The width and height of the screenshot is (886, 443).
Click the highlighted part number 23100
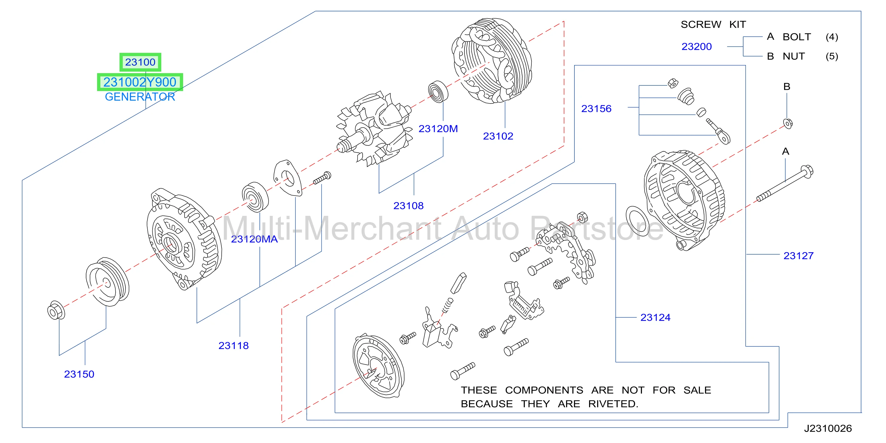click(140, 62)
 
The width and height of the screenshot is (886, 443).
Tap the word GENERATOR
click(140, 97)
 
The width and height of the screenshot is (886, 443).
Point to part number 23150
click(79, 374)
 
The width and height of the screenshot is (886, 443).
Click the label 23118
click(234, 345)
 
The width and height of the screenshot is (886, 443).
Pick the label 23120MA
click(254, 239)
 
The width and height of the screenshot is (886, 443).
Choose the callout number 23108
click(408, 205)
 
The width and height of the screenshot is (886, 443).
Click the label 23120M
click(438, 129)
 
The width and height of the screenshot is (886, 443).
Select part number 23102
click(498, 136)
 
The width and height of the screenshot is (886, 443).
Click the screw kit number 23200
click(697, 46)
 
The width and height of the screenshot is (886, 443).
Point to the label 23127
click(798, 256)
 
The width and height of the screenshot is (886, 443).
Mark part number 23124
click(655, 317)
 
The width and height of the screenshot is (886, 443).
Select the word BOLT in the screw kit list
click(797, 37)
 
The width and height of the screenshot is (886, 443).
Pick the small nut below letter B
click(788, 123)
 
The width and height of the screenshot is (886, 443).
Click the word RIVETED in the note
click(613, 404)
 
